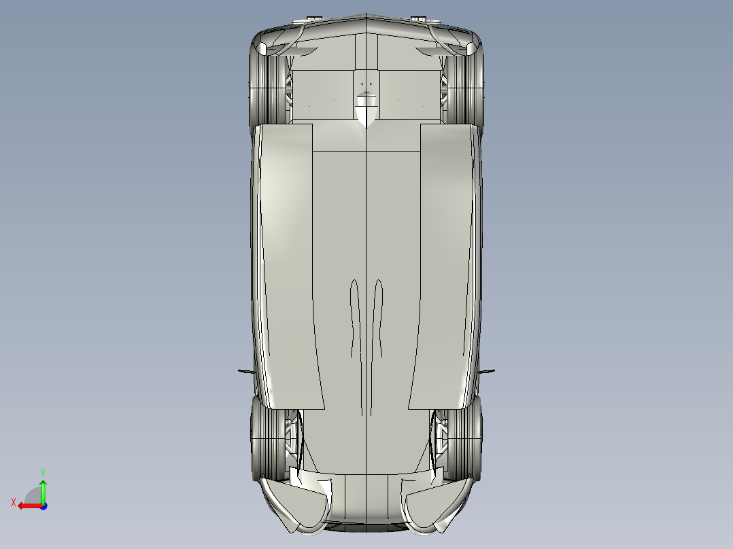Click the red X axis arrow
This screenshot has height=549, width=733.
pyautogui.click(x=27, y=506)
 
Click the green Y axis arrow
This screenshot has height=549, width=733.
pyautogui.click(x=43, y=491)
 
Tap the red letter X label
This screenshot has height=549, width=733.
pyautogui.click(x=14, y=502)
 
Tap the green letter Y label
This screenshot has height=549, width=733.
pyautogui.click(x=42, y=471)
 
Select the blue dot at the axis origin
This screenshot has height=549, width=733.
pyautogui.click(x=43, y=506)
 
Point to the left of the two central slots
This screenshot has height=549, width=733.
pyautogui.click(x=354, y=319)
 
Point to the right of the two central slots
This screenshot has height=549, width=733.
pyautogui.click(x=379, y=319)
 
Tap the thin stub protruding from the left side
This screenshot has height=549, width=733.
pyautogui.click(x=245, y=371)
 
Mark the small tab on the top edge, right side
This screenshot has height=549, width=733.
pyautogui.click(x=419, y=17)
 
